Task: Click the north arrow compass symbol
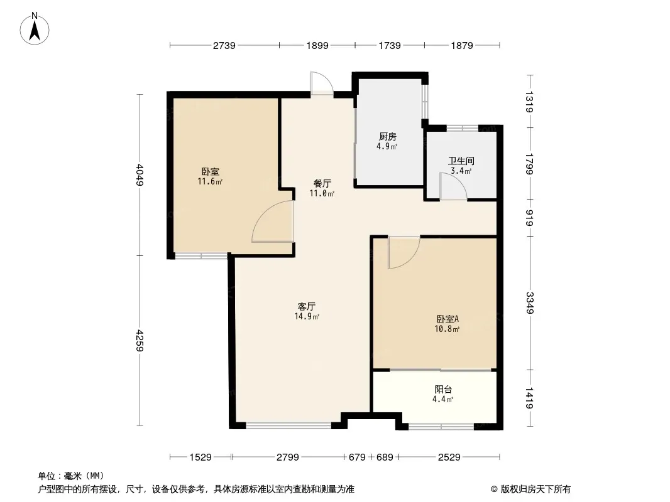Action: [35, 29]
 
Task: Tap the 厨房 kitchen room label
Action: [388, 137]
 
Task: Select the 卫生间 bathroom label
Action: [461, 161]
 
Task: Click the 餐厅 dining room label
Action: [322, 183]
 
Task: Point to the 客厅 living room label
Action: [306, 306]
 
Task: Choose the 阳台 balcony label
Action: [443, 389]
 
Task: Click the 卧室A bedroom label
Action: [448, 319]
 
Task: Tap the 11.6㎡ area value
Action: [210, 182]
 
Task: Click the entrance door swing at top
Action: [322, 83]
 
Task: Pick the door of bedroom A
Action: [404, 252]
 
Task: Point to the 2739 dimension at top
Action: [224, 45]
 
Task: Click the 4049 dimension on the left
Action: [140, 175]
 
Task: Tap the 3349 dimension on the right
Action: [530, 302]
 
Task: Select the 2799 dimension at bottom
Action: [288, 457]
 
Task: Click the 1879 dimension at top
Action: [462, 45]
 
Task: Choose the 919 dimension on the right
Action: [530, 218]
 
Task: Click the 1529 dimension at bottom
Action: [200, 457]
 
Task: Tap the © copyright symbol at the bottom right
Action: [494, 489]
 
